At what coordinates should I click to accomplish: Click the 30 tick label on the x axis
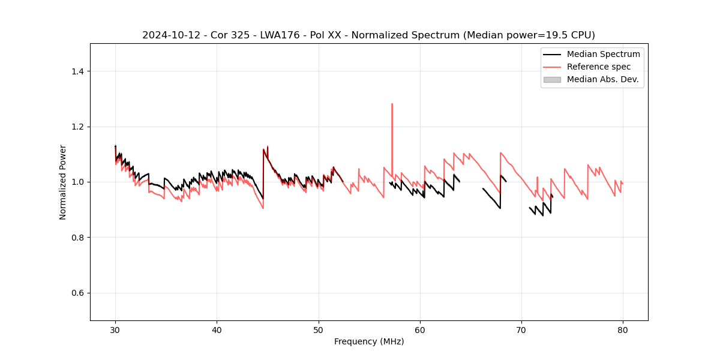click(115, 330)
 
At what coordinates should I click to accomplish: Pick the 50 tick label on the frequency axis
click(319, 330)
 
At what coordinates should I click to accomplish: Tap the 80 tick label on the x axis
click(623, 330)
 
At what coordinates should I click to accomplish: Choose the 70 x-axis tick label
click(521, 330)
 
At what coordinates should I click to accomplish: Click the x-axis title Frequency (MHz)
click(369, 342)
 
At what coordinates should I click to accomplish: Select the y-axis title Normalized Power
click(63, 182)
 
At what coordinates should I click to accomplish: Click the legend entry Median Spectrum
click(603, 54)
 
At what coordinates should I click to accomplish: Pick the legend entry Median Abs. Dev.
click(602, 79)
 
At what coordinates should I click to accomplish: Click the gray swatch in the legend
click(552, 79)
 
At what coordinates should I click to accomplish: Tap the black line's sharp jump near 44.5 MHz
click(263, 174)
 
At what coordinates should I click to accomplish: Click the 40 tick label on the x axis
click(217, 330)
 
